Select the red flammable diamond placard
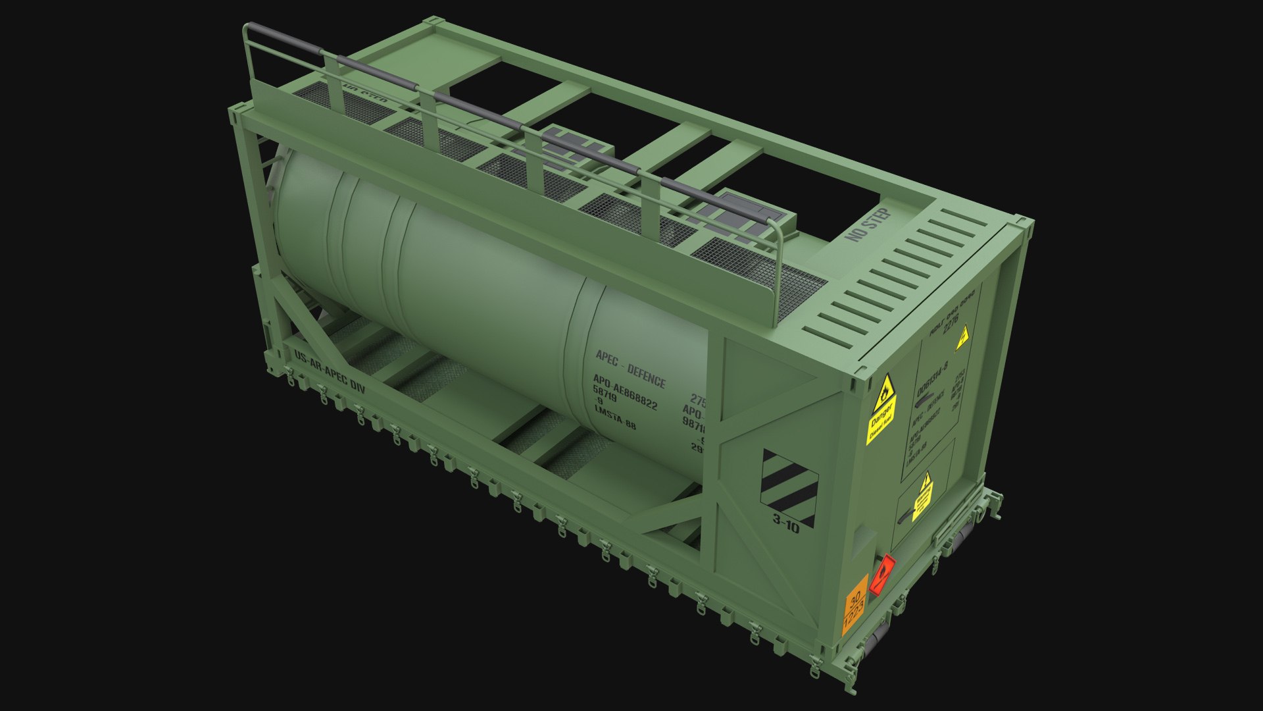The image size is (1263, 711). click(x=882, y=574)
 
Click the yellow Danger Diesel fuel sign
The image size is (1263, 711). click(x=881, y=408)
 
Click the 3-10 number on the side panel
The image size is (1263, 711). click(x=786, y=524)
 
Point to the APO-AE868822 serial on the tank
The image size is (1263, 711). click(x=625, y=394)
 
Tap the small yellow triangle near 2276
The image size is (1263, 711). click(x=962, y=338)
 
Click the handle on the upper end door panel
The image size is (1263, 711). click(x=927, y=399)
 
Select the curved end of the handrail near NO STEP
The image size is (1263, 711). click(x=778, y=230)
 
